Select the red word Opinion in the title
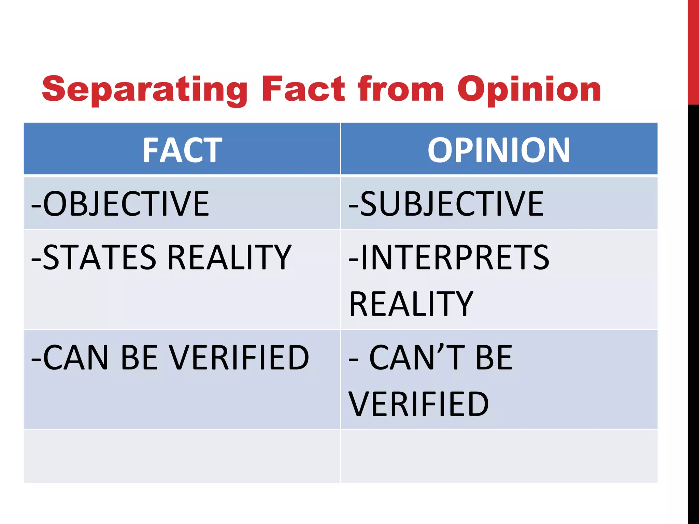(529, 89)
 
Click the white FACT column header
(182, 150)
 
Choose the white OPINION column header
(499, 150)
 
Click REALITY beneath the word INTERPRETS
(411, 304)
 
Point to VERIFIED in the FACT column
(239, 357)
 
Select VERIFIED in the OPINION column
(418, 404)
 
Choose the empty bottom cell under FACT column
(182, 456)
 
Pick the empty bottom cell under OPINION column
(499, 456)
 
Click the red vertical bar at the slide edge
(693, 51)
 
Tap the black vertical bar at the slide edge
(693, 307)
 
